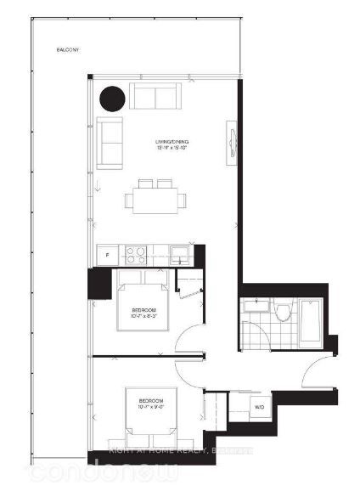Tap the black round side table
coord(111,99)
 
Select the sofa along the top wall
coord(155,98)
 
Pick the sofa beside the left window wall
coord(110,143)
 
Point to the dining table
coord(155,200)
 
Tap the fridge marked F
coord(108,252)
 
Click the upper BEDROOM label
coord(144,313)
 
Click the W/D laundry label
coord(259,408)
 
